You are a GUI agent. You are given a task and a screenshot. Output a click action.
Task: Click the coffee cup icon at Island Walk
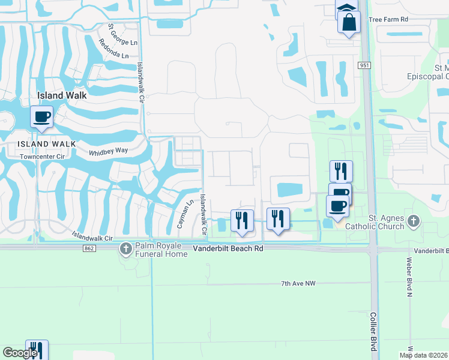point(41,116)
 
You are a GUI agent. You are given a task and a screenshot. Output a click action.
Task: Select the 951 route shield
point(365,65)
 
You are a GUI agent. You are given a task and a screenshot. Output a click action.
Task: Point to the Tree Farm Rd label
point(388,19)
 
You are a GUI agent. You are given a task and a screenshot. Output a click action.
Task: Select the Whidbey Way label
point(109,151)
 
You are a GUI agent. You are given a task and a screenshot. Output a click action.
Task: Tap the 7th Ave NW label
point(298,283)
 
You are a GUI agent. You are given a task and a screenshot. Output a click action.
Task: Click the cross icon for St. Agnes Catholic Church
point(413,221)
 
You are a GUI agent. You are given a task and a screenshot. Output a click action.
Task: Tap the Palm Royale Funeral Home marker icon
point(125,248)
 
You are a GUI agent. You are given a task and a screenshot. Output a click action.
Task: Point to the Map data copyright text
point(423,355)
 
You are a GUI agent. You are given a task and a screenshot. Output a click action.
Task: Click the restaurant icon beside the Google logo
point(37,350)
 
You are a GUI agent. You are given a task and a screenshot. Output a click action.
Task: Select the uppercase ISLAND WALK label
point(46,143)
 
